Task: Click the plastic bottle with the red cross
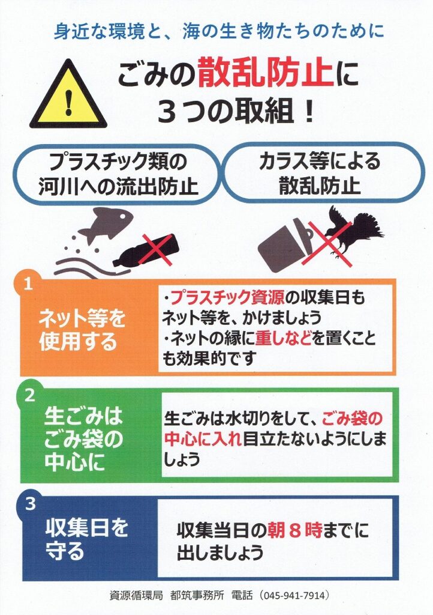click(147, 252)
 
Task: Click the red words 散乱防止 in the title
click(266, 72)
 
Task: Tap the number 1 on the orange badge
click(28, 283)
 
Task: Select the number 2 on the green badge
click(30, 395)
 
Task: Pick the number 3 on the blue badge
click(30, 504)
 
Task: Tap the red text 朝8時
click(294, 530)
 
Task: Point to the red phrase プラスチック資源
click(228, 298)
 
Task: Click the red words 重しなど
click(283, 338)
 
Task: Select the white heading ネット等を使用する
click(82, 330)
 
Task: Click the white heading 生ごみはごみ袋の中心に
click(83, 439)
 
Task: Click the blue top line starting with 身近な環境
click(219, 31)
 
